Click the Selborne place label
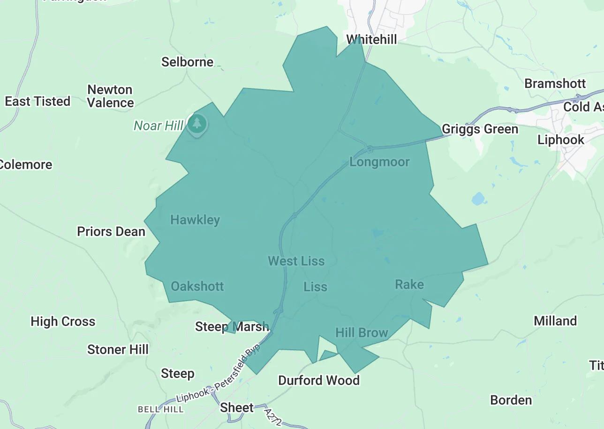pos(187,62)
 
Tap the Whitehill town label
pos(371,39)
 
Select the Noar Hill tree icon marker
pos(197,124)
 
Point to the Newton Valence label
pos(110,96)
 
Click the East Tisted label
pos(38,101)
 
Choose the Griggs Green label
pos(480,129)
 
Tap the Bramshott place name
pos(555,83)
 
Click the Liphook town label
pos(560,140)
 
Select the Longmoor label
pos(379,162)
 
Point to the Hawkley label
pos(195,220)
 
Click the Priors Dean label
pos(111,231)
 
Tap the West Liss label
pos(296,261)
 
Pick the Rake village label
pos(409,284)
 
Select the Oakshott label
pos(197,286)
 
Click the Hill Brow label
pos(362,333)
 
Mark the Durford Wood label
pos(318,380)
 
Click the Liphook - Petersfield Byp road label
pos(218,373)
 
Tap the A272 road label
pos(272,417)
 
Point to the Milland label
pos(555,321)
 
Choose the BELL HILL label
pos(160,409)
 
